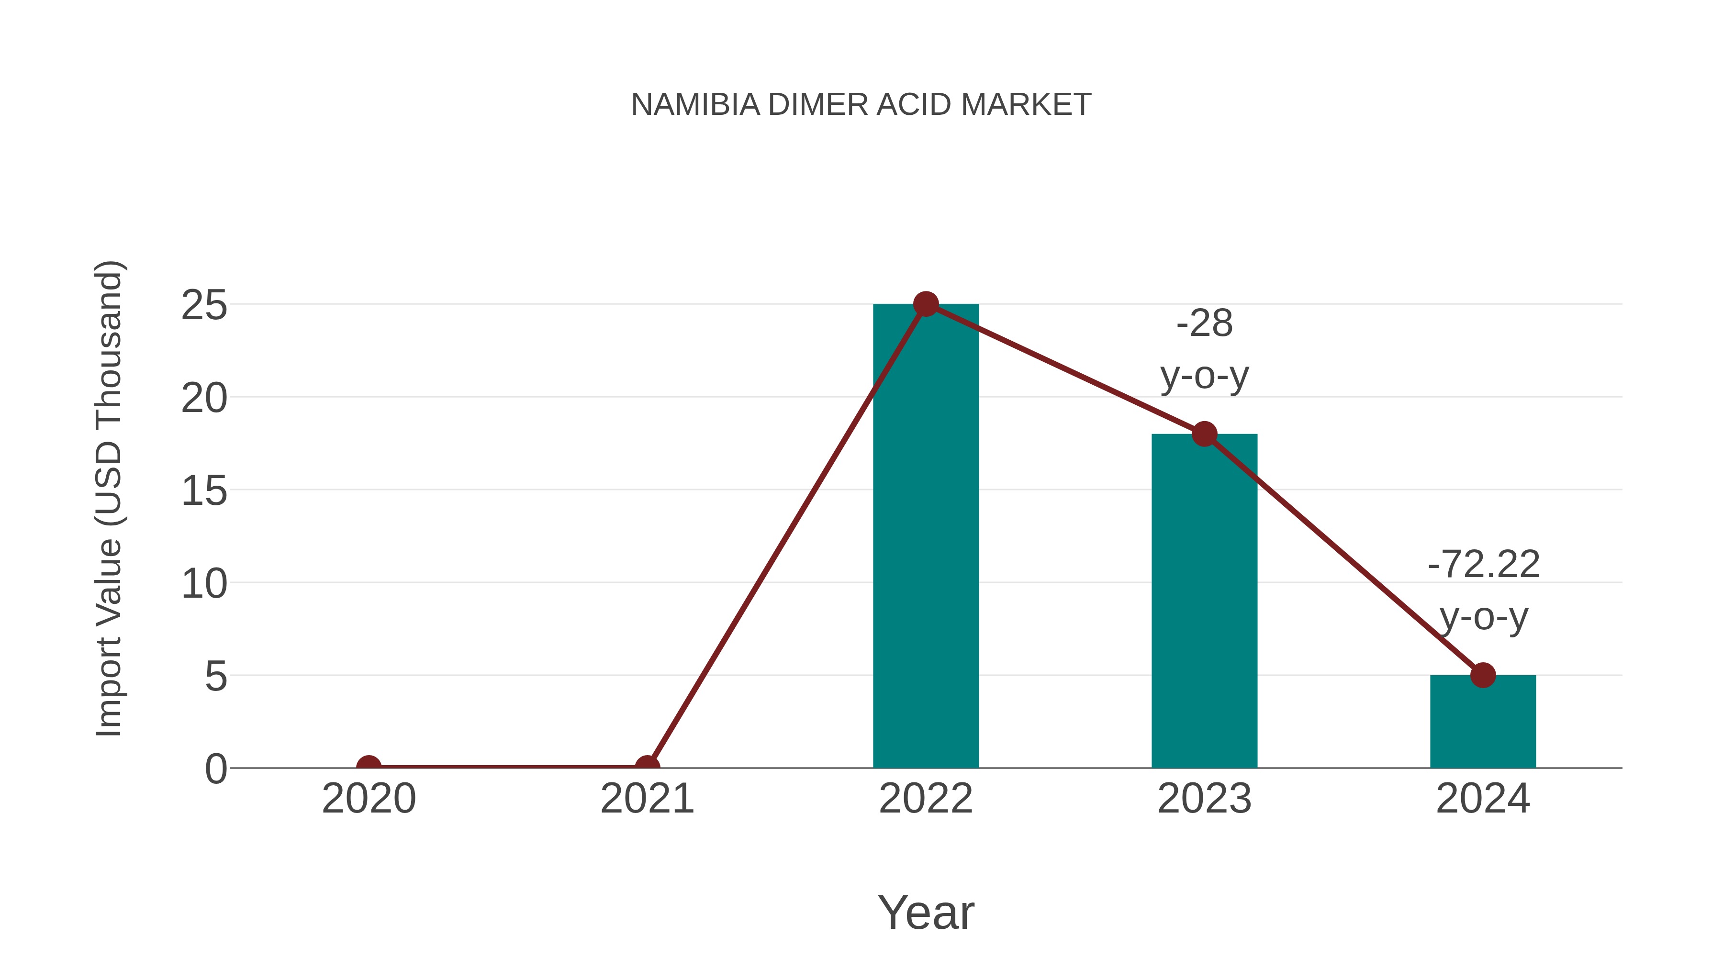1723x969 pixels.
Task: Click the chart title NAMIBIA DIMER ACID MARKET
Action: (861, 105)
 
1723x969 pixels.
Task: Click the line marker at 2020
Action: (369, 767)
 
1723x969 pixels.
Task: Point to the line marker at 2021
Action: (647, 767)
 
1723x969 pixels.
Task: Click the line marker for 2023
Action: (1204, 434)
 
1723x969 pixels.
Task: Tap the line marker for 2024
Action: (1483, 675)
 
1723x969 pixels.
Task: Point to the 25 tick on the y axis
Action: (204, 306)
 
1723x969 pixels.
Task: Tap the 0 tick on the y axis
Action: (215, 769)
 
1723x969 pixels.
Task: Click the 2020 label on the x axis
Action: (369, 799)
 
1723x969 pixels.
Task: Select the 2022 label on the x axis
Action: (926, 799)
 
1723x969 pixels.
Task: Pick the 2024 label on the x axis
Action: (1483, 799)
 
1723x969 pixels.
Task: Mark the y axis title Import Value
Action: (108, 498)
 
